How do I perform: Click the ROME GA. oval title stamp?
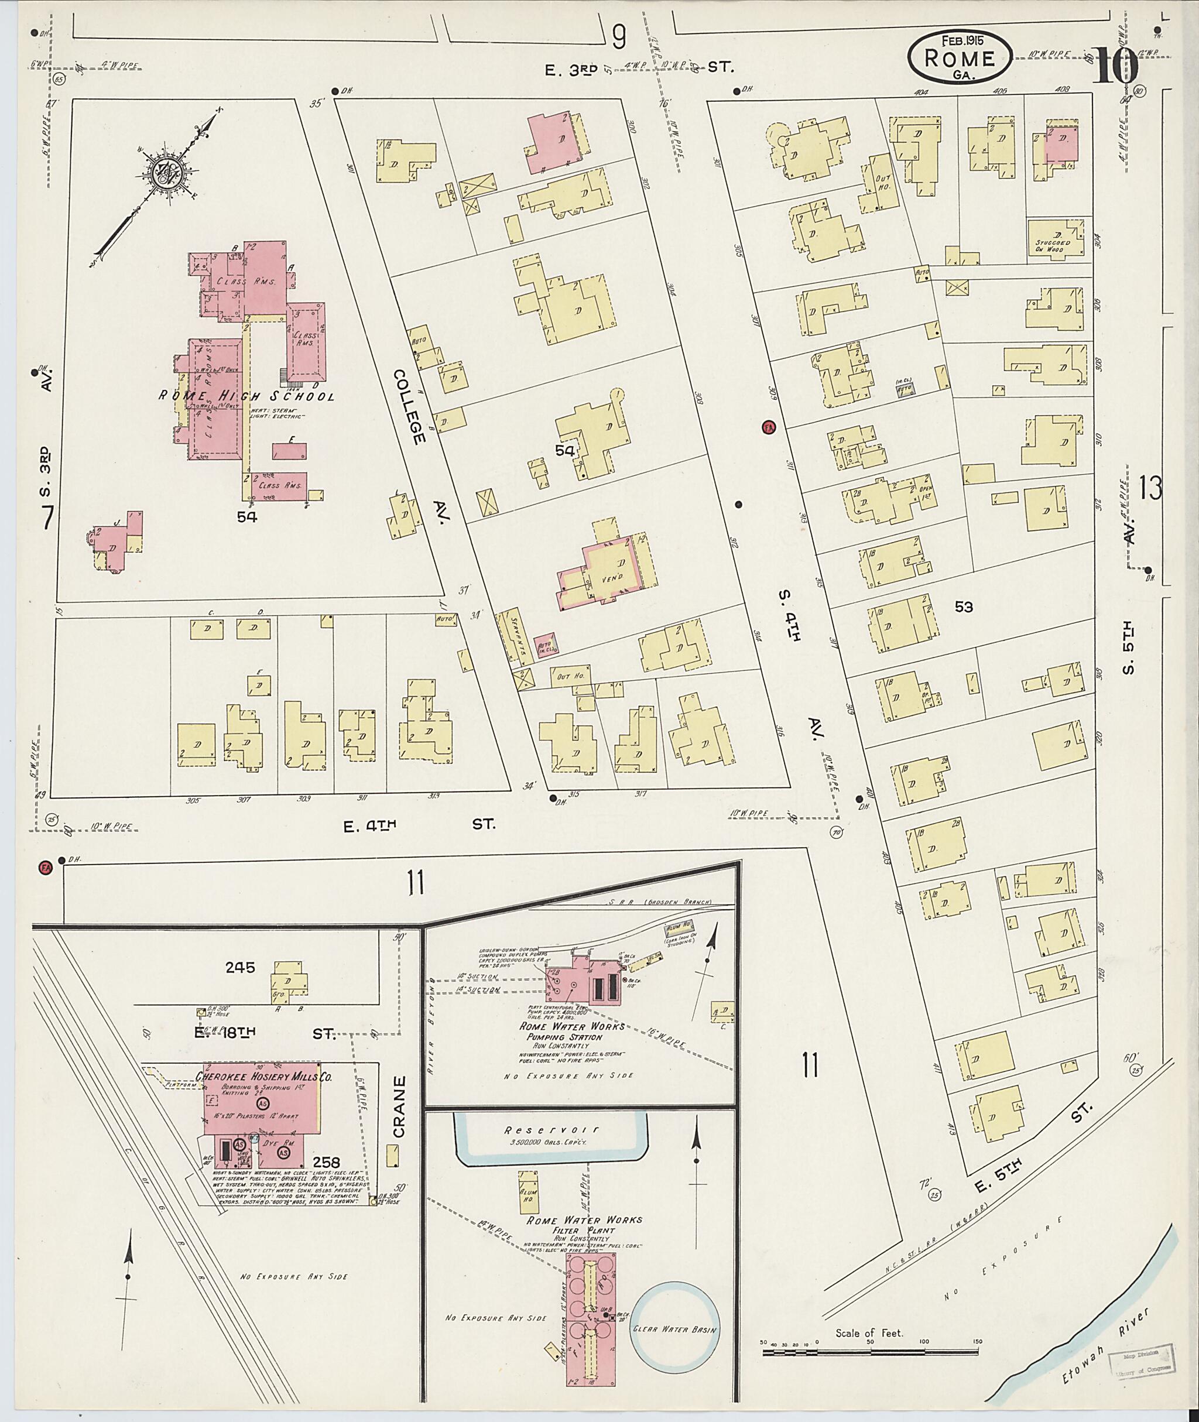960,58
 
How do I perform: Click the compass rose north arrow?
165,176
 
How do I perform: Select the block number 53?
964,608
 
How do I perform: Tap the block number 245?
241,967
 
